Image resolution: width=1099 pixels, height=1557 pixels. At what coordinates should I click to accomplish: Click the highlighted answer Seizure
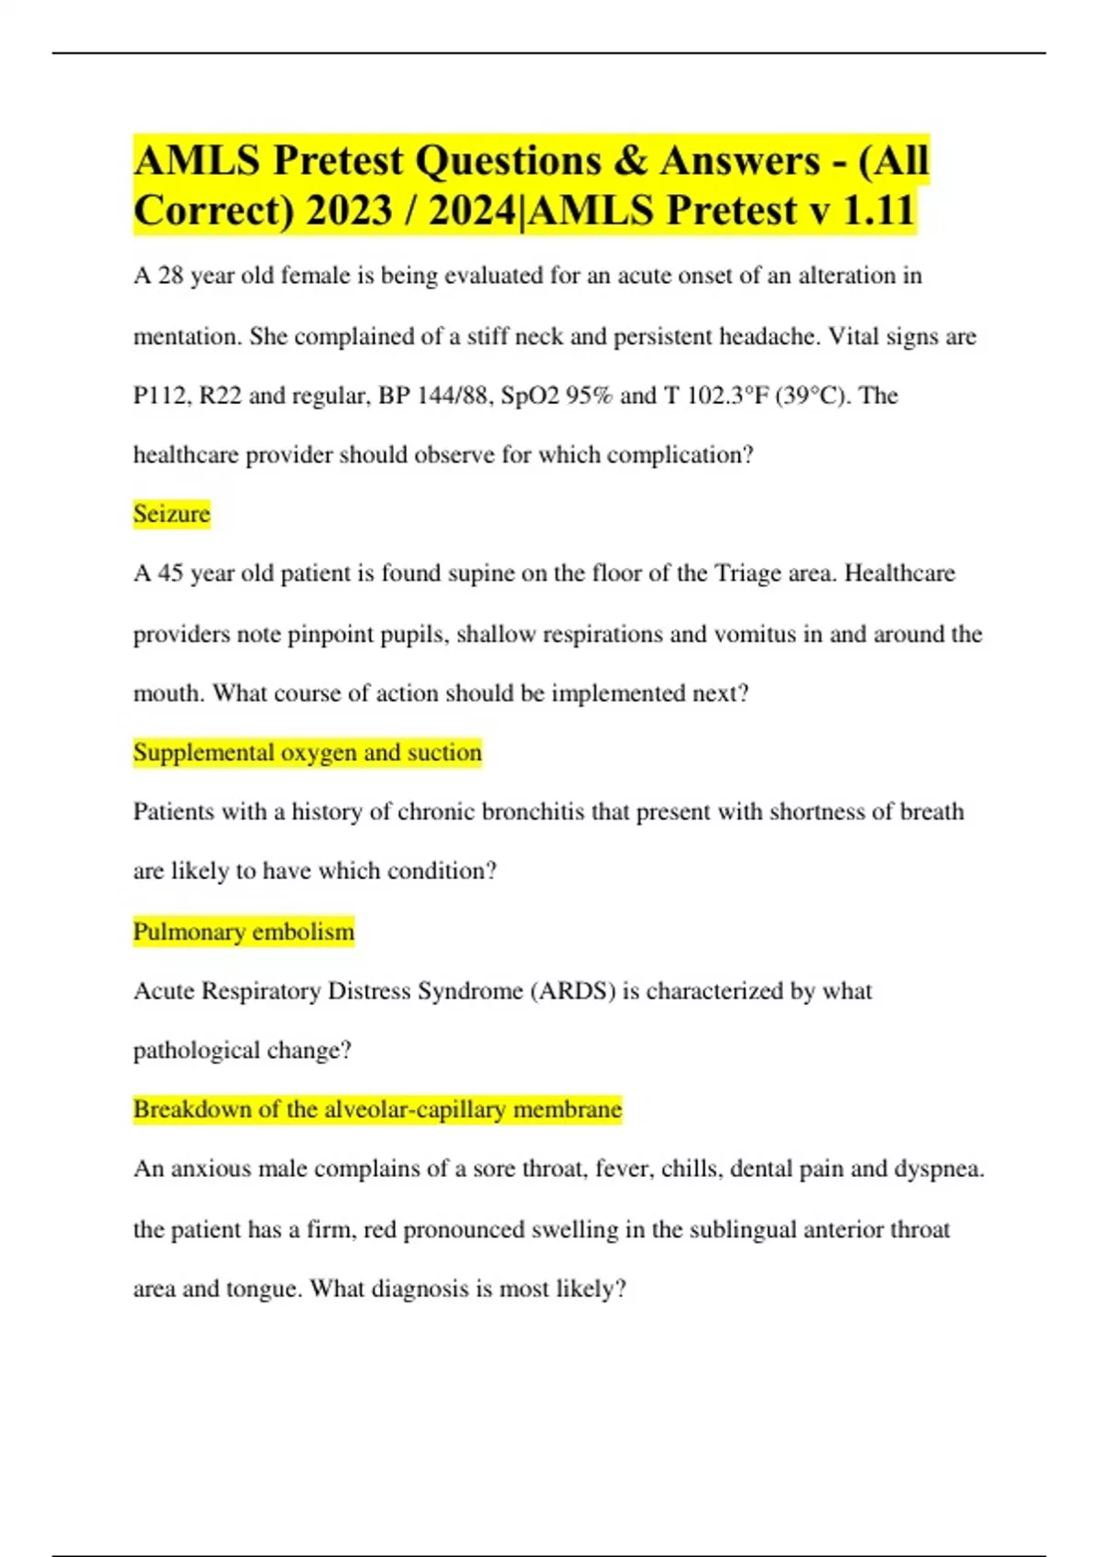point(171,514)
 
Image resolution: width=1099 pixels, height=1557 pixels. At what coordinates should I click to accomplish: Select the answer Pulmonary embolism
point(244,931)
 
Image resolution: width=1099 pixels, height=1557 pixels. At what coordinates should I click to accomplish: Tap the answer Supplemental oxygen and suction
point(307,753)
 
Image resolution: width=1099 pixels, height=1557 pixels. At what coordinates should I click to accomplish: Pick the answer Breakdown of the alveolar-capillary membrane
point(377,1109)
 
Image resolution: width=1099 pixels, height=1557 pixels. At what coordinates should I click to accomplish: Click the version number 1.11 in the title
point(877,210)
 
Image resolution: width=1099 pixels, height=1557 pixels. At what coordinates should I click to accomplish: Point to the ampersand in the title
point(630,160)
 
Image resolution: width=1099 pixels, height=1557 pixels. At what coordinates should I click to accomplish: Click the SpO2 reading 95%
point(589,396)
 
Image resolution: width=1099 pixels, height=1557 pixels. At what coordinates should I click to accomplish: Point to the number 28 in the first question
point(171,276)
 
